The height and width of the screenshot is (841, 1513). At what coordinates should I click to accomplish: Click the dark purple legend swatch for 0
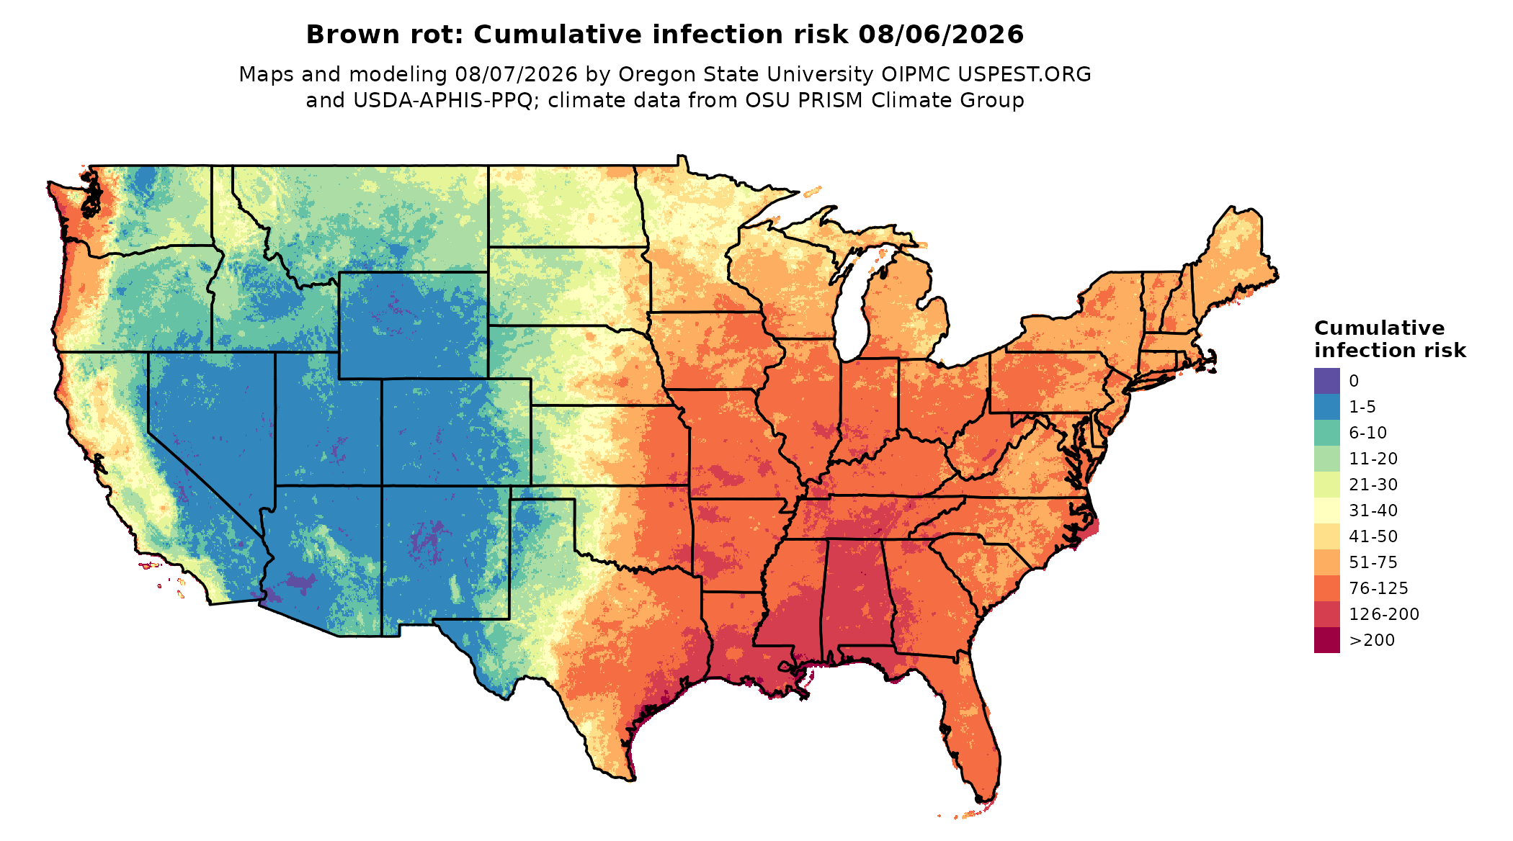pyautogui.click(x=1326, y=381)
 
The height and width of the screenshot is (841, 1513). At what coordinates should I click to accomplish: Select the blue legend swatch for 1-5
pyautogui.click(x=1326, y=407)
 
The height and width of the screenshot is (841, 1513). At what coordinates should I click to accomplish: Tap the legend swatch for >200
pyautogui.click(x=1326, y=640)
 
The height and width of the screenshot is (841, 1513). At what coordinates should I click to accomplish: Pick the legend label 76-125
pyautogui.click(x=1378, y=588)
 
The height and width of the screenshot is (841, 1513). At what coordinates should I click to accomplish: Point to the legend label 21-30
pyautogui.click(x=1373, y=485)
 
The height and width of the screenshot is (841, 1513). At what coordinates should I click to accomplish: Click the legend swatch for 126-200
pyautogui.click(x=1326, y=614)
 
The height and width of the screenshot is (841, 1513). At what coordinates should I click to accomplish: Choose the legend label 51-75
pyautogui.click(x=1373, y=562)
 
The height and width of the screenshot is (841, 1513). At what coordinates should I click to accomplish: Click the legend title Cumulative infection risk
pyautogui.click(x=1390, y=339)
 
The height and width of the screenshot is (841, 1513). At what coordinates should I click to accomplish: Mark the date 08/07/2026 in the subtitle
pyautogui.click(x=516, y=74)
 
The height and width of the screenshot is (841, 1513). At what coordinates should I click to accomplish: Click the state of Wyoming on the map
pyautogui.click(x=414, y=325)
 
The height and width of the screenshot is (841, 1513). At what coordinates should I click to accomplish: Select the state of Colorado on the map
pyautogui.click(x=457, y=432)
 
